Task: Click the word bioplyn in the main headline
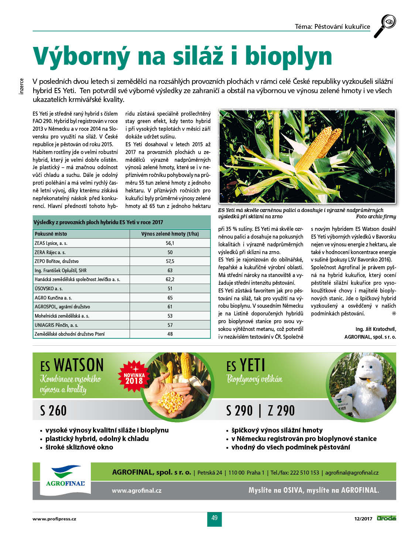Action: tap(288, 56)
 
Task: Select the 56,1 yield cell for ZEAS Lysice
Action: tap(170, 243)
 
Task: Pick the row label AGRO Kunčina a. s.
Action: tap(53, 298)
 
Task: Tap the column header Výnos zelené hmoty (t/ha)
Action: tap(170, 234)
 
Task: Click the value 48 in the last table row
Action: tap(170, 334)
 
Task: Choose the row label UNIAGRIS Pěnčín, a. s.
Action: tap(56, 325)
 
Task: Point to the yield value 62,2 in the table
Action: tap(170, 280)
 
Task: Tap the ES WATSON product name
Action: tap(72, 365)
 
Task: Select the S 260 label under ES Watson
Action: tap(53, 411)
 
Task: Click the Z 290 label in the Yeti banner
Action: tap(281, 411)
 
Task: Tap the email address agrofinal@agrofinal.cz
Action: tap(352, 473)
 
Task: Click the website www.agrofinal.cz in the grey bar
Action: tap(137, 491)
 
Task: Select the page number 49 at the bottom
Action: tap(215, 518)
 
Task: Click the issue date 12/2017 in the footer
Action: tap(363, 519)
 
